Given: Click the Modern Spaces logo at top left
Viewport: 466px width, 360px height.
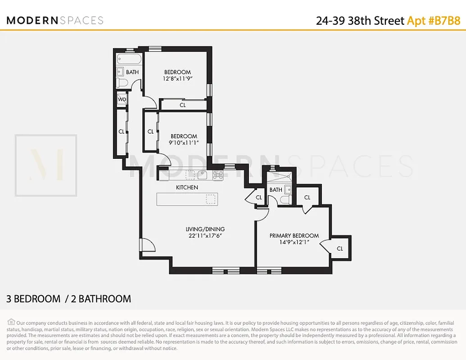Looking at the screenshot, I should coord(55,20).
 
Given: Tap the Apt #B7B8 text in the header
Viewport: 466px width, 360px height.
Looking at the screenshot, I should coord(433,20).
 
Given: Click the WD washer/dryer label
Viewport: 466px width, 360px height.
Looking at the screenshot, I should coord(122,99).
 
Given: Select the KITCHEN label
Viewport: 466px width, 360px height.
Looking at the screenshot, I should coord(187,187).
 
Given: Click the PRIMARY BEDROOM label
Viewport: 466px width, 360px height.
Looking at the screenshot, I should coord(294,235).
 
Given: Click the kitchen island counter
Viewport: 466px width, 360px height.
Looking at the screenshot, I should coord(187,199).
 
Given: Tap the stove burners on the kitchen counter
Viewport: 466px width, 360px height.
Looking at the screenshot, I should coord(218,174).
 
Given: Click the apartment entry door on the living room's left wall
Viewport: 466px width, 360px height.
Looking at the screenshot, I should coord(147,245).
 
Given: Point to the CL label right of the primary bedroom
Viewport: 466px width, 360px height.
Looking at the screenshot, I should coord(340,248).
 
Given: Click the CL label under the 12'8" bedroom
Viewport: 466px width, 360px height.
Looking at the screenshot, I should coord(182,105).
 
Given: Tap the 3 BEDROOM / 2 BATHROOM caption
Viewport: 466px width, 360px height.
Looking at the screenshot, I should coord(68,299).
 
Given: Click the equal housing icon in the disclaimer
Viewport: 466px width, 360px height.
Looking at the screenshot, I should coord(11,322).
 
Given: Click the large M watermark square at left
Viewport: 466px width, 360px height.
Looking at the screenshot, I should coord(46,165).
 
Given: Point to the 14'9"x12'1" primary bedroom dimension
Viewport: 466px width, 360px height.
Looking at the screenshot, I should coord(294,242).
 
